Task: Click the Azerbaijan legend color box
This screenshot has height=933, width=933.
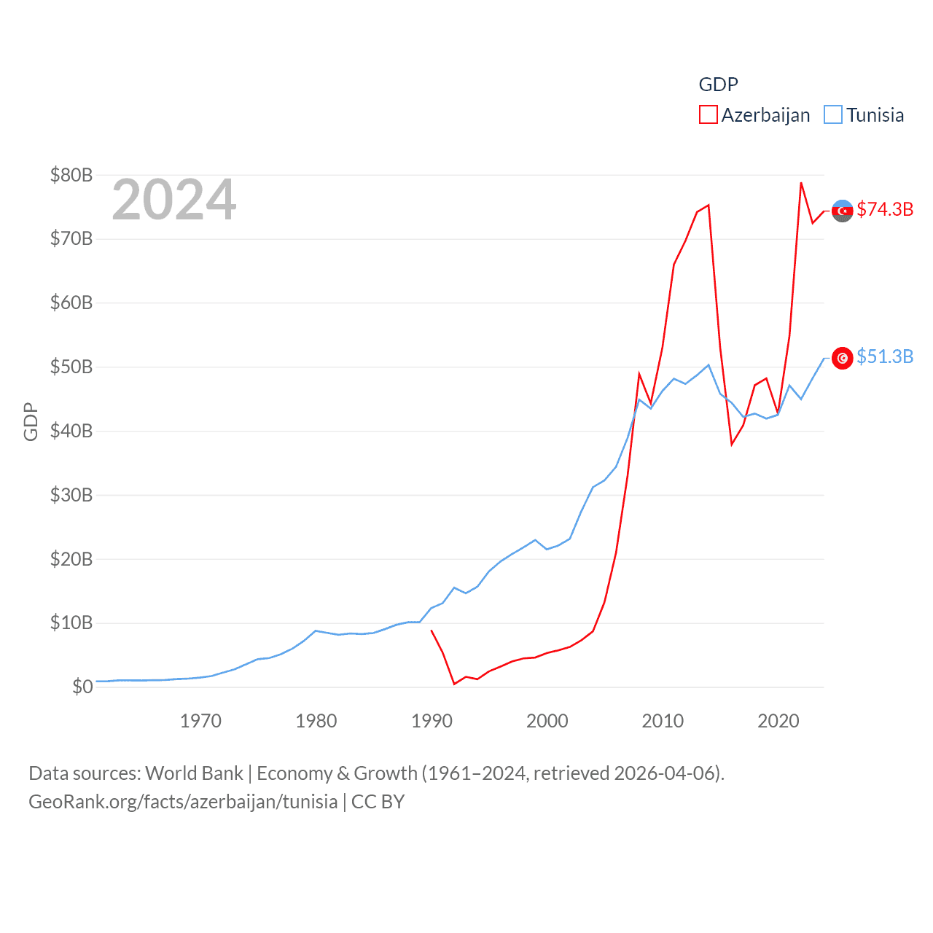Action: [x=708, y=115]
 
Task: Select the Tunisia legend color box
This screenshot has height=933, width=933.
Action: [x=833, y=115]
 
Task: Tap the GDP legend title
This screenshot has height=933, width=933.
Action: [x=718, y=85]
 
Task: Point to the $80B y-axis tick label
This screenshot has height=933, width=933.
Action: [x=71, y=175]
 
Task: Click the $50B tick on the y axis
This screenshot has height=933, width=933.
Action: [x=71, y=367]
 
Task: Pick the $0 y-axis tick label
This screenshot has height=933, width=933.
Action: [x=82, y=687]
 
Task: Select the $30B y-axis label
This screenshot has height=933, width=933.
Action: [x=71, y=495]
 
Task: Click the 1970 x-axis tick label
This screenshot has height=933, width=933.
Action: [x=200, y=722]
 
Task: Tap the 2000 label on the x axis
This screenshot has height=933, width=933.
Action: [x=547, y=722]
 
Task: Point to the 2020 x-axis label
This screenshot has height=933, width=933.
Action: [x=778, y=722]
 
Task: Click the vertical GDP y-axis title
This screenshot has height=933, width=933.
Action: [x=31, y=421]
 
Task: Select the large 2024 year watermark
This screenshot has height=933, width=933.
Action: [x=173, y=200]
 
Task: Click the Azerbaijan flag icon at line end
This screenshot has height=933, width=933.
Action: [x=843, y=211]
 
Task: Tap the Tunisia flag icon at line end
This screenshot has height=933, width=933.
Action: [x=843, y=358]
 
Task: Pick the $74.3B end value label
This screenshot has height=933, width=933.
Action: [x=885, y=209]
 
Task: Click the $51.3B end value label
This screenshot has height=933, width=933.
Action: [x=885, y=356]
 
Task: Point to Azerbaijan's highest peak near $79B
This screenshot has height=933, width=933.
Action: [x=801, y=183]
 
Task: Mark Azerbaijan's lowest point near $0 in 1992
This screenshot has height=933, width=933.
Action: [x=454, y=684]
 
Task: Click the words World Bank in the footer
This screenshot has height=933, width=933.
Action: [x=194, y=773]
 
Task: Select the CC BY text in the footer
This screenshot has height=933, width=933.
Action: [x=378, y=802]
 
